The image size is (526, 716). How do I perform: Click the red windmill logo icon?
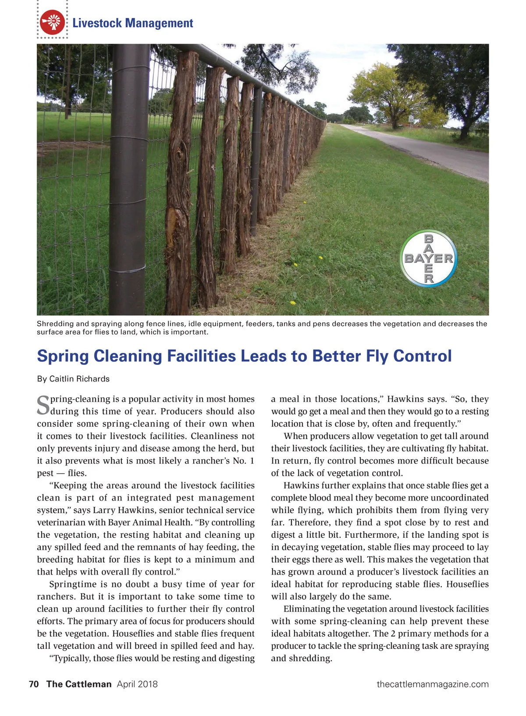point(52,22)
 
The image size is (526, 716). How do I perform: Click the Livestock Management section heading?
point(132,23)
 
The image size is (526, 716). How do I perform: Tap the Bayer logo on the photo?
point(428,259)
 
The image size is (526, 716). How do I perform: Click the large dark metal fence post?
point(128,176)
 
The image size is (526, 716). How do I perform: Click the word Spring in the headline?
point(63,356)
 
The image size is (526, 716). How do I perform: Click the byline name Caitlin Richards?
point(79,379)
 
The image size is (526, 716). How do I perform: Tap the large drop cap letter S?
point(43,405)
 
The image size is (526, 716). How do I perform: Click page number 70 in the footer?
point(34,684)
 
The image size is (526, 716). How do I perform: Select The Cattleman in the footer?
point(79,684)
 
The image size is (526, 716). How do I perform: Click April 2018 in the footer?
point(137,684)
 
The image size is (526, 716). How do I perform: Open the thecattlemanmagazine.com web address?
point(432,684)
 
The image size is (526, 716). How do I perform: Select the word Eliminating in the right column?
point(308,609)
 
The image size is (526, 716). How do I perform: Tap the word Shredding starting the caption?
point(55,324)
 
